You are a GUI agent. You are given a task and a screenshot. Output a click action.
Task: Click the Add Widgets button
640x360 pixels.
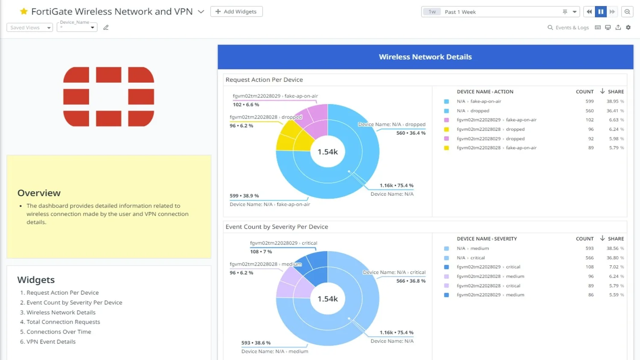236,12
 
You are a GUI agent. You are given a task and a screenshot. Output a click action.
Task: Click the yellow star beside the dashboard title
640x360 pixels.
24,12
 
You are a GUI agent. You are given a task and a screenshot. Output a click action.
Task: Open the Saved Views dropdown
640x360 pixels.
29,28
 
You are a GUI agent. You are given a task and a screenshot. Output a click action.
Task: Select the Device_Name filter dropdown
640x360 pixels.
77,28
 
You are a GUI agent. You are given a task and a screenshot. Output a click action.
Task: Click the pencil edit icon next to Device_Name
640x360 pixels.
106,28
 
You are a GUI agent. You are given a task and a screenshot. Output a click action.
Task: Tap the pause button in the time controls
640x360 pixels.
601,12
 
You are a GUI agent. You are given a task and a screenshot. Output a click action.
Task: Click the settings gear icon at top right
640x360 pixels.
628,28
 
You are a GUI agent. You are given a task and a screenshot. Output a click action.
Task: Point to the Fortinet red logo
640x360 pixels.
108,96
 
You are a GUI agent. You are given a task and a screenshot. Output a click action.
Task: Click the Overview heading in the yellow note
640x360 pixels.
39,193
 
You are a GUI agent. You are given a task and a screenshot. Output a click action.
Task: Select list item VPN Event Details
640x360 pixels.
51,342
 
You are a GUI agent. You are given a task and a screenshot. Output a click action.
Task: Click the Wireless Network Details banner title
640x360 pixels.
425,57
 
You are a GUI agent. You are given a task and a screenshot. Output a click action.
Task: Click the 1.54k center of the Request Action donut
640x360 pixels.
327,152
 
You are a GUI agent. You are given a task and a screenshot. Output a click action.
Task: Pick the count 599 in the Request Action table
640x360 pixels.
589,102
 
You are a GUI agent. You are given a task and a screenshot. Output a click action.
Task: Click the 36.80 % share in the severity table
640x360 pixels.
615,258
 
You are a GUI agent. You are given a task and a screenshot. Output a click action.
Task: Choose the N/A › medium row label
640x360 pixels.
472,248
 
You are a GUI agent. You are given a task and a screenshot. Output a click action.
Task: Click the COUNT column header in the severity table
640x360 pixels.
584,239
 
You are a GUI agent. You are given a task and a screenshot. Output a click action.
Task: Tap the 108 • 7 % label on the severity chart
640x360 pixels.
261,252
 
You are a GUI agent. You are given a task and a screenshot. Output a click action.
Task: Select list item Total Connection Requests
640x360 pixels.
63,322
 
